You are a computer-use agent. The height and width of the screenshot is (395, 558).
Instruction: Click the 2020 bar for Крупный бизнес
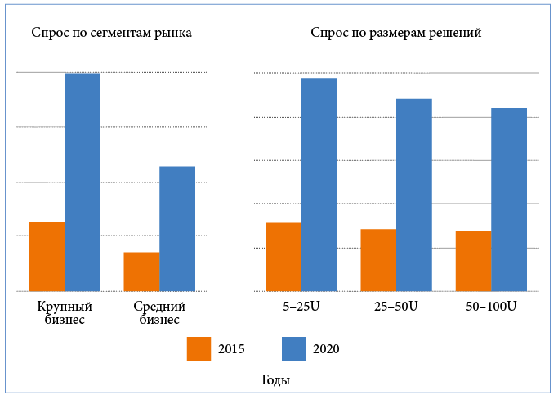[83, 182]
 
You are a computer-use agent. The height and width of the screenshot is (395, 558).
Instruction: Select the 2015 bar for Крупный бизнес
[47, 256]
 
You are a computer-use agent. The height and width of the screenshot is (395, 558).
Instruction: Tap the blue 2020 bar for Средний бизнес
[177, 228]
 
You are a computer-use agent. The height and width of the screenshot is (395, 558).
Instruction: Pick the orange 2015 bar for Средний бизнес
[141, 272]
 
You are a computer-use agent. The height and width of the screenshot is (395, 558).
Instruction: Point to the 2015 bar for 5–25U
[283, 257]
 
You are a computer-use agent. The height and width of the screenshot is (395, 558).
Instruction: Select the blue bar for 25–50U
[414, 195]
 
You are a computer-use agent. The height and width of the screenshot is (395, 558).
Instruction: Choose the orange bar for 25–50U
[378, 260]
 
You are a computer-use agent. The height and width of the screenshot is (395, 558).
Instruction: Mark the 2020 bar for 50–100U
[509, 199]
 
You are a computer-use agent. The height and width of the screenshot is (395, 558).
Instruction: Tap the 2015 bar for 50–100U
[473, 261]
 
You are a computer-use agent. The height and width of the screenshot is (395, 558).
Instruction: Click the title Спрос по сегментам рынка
[112, 34]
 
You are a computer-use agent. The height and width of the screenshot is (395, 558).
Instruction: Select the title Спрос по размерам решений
[395, 34]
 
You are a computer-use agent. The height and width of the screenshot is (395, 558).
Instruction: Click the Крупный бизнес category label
[64, 313]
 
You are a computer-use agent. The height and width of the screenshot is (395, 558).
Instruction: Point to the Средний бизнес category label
[159, 313]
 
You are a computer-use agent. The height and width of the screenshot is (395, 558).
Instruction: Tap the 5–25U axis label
[301, 307]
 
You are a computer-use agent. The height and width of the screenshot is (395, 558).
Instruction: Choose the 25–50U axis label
[396, 307]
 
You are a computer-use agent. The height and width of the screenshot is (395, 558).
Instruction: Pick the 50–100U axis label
[492, 307]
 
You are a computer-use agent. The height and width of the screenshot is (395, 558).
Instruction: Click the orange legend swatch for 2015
[199, 348]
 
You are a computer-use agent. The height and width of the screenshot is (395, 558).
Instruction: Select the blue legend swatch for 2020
[293, 348]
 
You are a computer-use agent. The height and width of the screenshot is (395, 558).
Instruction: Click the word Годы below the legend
[275, 380]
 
